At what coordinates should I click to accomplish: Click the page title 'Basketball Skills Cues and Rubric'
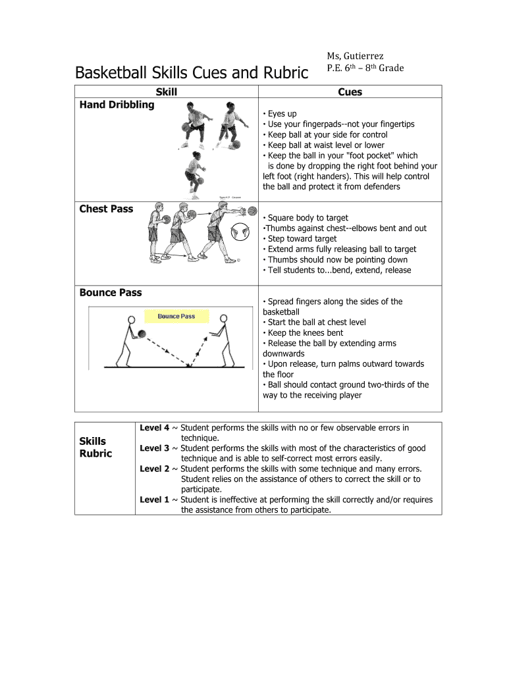(191, 72)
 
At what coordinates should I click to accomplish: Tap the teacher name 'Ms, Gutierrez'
(356, 57)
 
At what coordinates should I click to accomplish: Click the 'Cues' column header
(350, 92)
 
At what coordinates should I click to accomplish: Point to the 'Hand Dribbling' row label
(117, 105)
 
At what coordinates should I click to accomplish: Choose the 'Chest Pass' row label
(106, 209)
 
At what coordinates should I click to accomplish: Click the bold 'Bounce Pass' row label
(110, 292)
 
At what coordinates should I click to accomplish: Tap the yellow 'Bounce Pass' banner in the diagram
(176, 317)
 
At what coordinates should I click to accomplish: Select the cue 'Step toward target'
(302, 239)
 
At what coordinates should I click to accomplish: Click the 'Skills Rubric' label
(95, 447)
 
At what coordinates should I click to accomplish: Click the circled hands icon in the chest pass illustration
(240, 232)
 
